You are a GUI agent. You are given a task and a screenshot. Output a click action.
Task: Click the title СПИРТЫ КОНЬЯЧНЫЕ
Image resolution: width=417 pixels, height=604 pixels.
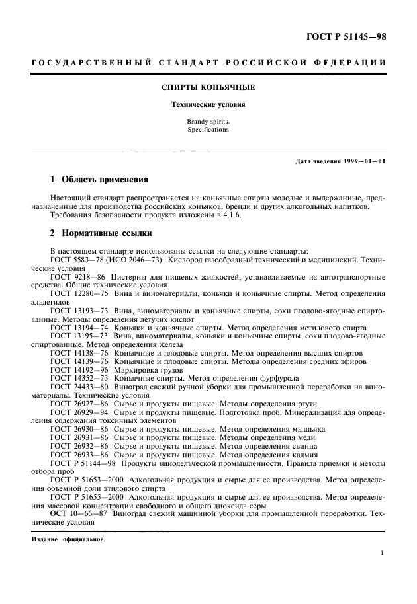[x=208, y=87]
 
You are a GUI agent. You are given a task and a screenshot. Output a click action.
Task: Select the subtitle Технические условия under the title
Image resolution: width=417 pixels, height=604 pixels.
[x=208, y=104]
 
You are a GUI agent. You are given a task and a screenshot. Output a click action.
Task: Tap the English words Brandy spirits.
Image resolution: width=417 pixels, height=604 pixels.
[x=208, y=122]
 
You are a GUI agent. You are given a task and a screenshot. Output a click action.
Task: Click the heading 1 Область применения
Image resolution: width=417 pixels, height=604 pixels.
[x=100, y=180]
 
